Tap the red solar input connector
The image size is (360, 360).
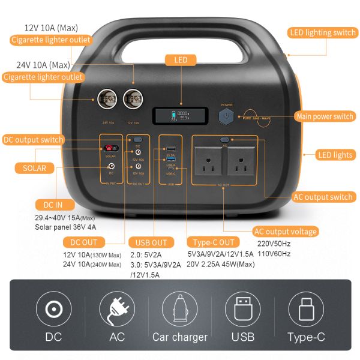click(x=110, y=148)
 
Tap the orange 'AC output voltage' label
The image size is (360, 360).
click(x=285, y=232)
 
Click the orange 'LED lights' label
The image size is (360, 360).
click(x=335, y=155)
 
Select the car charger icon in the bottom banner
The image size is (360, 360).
click(x=180, y=309)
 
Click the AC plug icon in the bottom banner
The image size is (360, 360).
click(x=117, y=309)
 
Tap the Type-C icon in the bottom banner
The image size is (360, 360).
click(x=306, y=309)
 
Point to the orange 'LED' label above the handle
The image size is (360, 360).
click(x=181, y=60)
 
